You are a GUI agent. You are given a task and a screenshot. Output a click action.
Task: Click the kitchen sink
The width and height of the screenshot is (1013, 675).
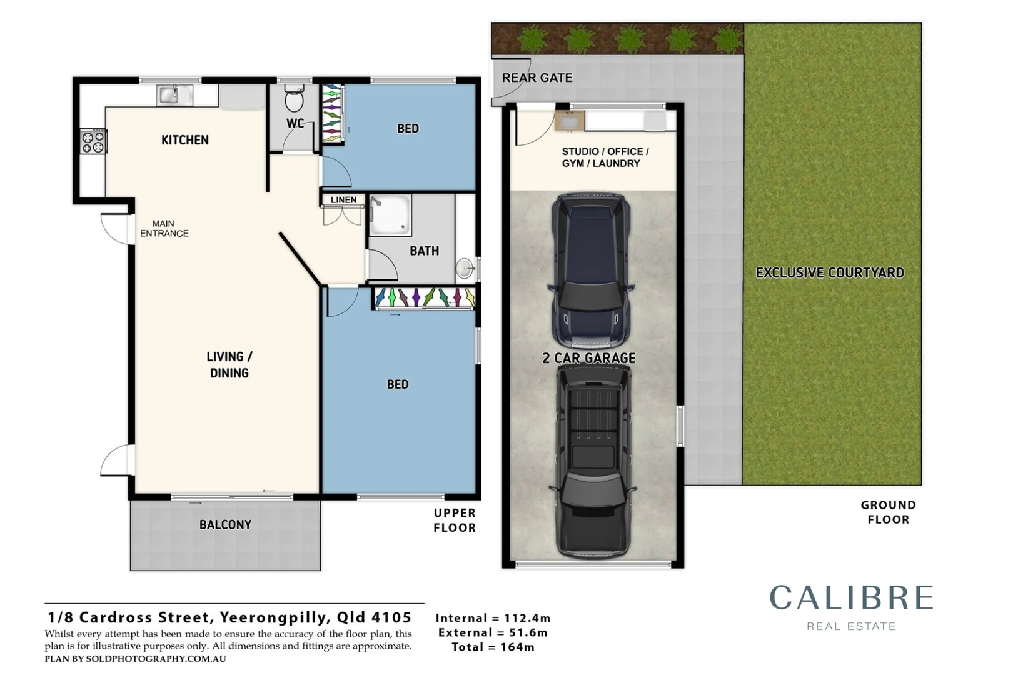coord(174,95)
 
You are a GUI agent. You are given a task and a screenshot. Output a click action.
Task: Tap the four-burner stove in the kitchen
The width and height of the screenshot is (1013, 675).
coord(94,141)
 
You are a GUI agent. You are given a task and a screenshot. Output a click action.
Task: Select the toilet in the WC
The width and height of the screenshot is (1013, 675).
coord(295,98)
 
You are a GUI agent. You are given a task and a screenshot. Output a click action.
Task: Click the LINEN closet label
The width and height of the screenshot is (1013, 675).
coord(344,200)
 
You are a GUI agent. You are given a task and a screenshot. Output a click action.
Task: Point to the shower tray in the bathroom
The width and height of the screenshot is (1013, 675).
coord(390,215)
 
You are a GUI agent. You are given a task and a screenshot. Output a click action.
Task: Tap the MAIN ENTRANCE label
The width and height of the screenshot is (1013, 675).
coord(164,228)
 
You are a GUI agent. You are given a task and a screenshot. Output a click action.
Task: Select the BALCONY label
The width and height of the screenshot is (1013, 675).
coord(225,524)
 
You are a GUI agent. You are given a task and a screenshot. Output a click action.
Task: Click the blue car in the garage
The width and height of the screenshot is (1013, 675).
coord(590,271)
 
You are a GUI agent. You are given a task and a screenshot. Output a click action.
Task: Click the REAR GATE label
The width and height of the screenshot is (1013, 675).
coord(537,77)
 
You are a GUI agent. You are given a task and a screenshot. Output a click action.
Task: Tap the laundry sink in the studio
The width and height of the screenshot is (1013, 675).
coord(570,120)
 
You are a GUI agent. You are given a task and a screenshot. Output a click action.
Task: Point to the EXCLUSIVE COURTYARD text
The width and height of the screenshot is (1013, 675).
coord(830,272)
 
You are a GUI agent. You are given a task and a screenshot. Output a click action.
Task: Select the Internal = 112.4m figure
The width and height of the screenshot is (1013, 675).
coord(493,618)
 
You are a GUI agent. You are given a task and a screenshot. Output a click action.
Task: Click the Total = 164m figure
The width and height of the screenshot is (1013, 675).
coord(493,647)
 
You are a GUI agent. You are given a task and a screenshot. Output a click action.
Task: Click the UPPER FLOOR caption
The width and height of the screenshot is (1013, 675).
coord(455,521)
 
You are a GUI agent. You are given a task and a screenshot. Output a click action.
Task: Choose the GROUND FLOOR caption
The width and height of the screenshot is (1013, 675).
coord(888,512)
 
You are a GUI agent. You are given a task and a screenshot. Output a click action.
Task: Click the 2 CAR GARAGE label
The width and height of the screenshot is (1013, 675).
coord(589,358)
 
